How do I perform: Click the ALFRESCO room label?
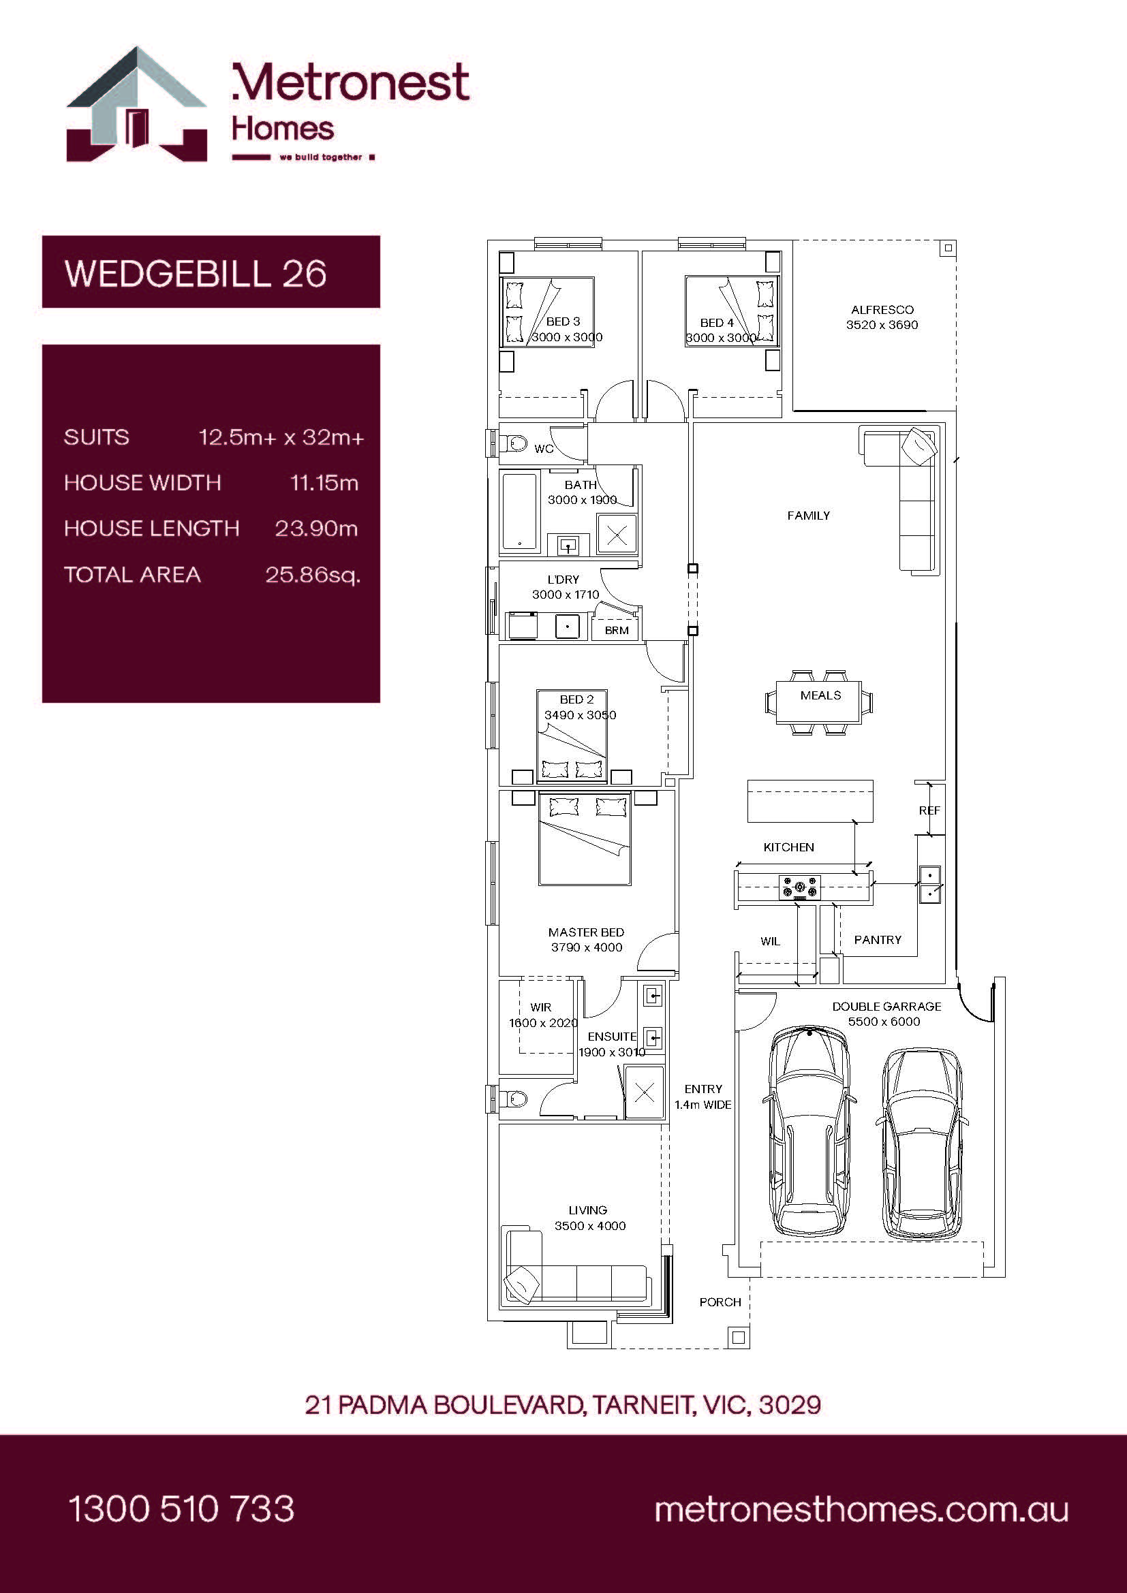point(882,310)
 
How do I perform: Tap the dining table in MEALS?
point(820,702)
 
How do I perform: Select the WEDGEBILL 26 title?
point(196,273)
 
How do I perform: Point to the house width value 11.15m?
point(324,483)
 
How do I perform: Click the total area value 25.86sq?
point(313,575)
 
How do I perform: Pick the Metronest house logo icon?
point(137,104)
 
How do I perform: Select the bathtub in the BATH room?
point(520,512)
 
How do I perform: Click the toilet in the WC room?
point(512,442)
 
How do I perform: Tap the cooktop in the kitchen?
point(799,887)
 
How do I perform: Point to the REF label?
point(929,810)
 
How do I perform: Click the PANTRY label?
point(877,939)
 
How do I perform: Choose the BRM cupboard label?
point(616,630)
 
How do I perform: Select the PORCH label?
point(720,1302)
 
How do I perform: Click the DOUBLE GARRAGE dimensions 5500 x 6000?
point(884,1022)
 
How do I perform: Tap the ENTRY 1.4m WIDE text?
point(703,1097)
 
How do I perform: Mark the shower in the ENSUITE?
point(644,1092)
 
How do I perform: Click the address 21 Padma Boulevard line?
point(563,1405)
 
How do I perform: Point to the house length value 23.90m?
point(316,529)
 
